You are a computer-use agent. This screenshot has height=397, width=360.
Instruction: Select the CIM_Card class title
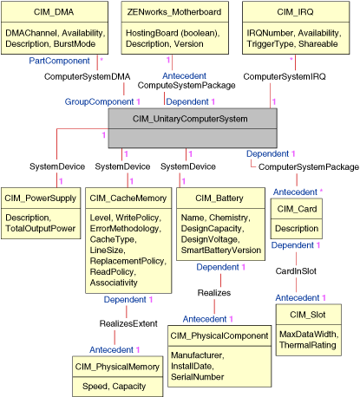tap(296, 210)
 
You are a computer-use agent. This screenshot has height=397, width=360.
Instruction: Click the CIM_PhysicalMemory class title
tap(115, 368)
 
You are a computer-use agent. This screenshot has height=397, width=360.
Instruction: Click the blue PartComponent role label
tap(59, 61)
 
